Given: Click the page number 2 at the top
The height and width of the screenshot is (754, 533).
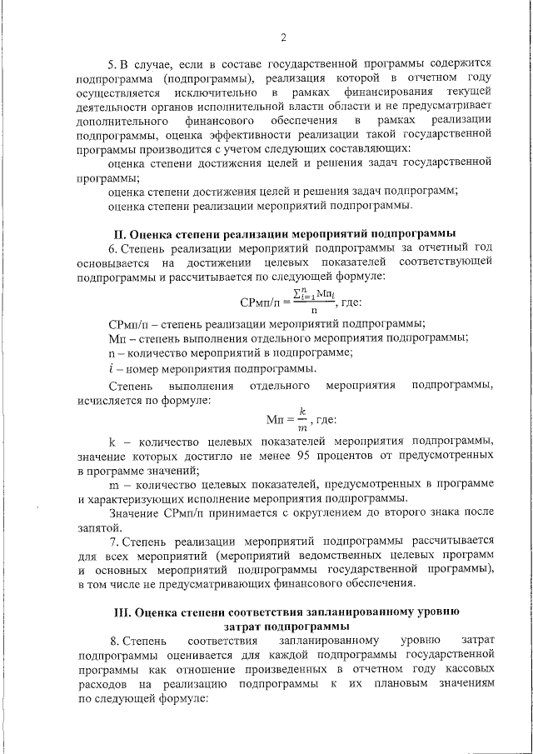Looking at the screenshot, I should pyautogui.click(x=283, y=37).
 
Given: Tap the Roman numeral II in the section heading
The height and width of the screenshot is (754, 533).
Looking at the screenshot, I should pyautogui.click(x=119, y=232).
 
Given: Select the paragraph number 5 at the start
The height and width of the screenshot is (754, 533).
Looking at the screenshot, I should pyautogui.click(x=112, y=63).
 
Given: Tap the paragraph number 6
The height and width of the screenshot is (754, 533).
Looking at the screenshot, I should pyautogui.click(x=112, y=247).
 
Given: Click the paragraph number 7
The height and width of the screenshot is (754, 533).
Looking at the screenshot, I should pyautogui.click(x=112, y=540).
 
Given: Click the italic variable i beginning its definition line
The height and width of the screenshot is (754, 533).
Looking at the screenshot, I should pyautogui.click(x=112, y=368).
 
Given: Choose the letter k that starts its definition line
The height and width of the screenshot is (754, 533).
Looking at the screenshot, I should pyautogui.click(x=112, y=441).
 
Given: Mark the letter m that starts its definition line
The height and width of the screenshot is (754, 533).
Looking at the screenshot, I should pyautogui.click(x=113, y=485).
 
